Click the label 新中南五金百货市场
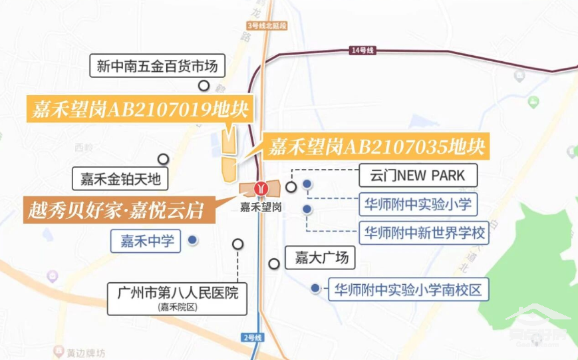coord(157,66)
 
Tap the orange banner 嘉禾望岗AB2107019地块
coord(139,109)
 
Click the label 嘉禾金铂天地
coord(121,179)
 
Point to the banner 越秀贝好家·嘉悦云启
coord(114,209)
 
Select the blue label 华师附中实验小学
coord(418,204)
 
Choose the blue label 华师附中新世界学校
coord(424,234)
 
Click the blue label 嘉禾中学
coord(147,240)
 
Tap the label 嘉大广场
coord(317,256)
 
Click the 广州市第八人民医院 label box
coord(177,297)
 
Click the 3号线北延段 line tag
coord(266,25)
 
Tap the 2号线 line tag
coord(253,338)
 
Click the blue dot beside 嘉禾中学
coord(192,240)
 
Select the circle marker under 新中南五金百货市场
coord(204,86)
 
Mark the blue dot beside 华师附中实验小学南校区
coord(315,289)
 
